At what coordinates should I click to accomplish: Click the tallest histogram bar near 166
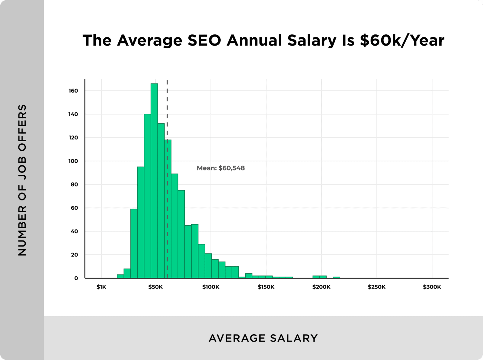tap(154, 181)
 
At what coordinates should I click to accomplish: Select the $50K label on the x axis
tap(155, 287)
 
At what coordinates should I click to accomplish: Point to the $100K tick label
tap(211, 287)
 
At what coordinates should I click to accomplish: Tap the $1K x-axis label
tap(101, 287)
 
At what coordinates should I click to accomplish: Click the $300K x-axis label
tap(432, 287)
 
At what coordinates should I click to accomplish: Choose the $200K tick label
tap(321, 287)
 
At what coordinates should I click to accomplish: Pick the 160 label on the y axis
tap(73, 91)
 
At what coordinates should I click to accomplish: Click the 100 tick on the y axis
tap(73, 161)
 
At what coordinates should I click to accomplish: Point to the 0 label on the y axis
tap(76, 278)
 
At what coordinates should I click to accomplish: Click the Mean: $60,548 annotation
tap(221, 168)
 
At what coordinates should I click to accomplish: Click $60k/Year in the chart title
tap(402, 40)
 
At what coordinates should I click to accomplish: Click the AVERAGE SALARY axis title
tap(263, 338)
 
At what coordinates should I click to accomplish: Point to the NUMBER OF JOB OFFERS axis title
tap(22, 180)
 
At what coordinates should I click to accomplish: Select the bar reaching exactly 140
tap(147, 196)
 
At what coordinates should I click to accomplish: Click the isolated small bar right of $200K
tap(336, 277)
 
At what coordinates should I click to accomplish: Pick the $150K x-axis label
tap(266, 287)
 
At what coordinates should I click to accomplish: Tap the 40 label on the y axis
tap(74, 231)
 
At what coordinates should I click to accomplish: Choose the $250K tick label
tap(376, 287)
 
